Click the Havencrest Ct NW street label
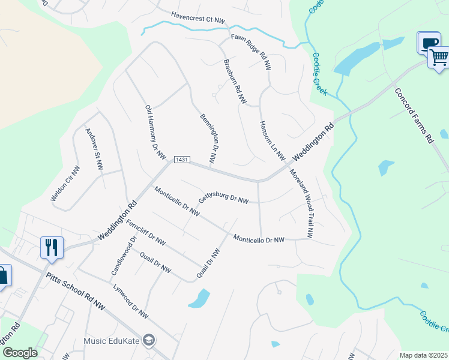pos(197,18)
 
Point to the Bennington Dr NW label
pos(208,138)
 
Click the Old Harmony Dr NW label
pos(155,132)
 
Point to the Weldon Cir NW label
pos(65,183)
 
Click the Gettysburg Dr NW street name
pos(223,199)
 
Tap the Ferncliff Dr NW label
pos(146,233)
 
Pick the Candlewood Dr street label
pos(124,256)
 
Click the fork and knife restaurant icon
pos(52,247)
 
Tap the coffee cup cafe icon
pos(428,43)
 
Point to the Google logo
pos(20,353)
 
